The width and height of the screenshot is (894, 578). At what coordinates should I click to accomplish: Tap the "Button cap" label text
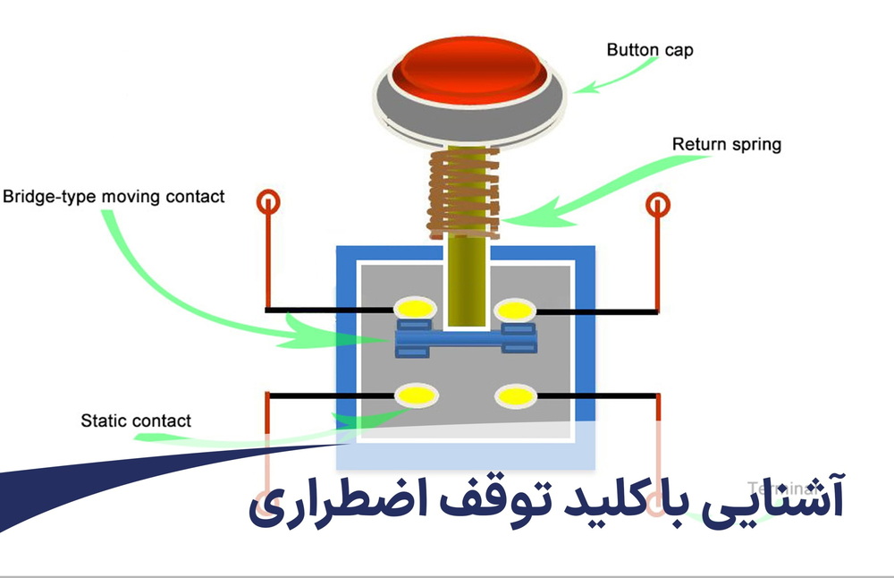tap(650, 50)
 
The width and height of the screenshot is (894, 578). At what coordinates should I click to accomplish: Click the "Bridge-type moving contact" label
tap(114, 196)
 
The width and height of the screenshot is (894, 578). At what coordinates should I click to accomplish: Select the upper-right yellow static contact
tap(516, 310)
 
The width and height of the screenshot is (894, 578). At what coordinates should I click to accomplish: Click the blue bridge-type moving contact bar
tap(465, 339)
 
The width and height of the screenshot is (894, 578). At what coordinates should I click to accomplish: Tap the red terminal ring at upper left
tap(268, 202)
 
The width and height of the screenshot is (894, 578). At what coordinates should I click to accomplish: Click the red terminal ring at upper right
tap(658, 206)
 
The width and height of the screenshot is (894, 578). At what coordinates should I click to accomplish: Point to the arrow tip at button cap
tap(578, 89)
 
